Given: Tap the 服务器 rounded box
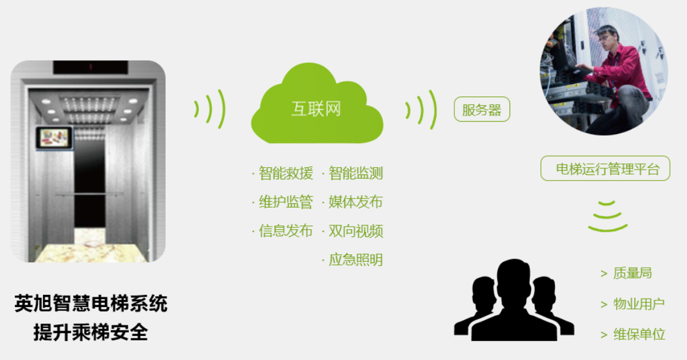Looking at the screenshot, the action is [482, 109].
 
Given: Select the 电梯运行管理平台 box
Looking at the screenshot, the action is [605, 168].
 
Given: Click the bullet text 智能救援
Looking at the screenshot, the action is [285, 173].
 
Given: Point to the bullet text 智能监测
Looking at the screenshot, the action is [355, 173].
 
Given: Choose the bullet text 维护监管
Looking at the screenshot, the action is [285, 202].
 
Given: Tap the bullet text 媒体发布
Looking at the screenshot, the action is [355, 202].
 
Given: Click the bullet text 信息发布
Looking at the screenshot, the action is [285, 230].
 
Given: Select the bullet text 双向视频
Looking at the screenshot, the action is [355, 230].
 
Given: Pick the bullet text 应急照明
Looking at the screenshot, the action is [355, 260].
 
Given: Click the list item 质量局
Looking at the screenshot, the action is [632, 273].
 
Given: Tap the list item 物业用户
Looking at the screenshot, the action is [638, 303].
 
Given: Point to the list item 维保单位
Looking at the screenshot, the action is [638, 334].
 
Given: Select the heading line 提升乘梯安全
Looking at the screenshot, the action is [91, 332].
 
